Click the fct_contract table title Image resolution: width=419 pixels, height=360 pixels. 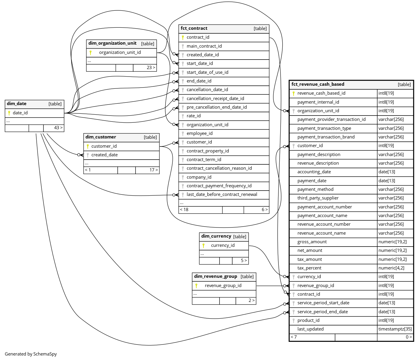click(x=194, y=29)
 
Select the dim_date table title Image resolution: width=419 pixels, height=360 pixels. click(x=17, y=104)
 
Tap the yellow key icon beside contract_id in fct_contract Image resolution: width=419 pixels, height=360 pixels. click(x=183, y=38)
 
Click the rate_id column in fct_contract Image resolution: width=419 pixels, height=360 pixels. click(x=194, y=116)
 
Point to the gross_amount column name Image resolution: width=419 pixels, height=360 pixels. click(x=312, y=242)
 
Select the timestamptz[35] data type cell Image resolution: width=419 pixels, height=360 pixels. click(x=395, y=329)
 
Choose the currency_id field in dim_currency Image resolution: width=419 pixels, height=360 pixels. click(x=223, y=246)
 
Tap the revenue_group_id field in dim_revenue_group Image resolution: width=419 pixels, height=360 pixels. click(x=223, y=286)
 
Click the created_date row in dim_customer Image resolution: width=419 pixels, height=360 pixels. click(x=105, y=155)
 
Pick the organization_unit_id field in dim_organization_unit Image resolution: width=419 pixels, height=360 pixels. click(x=120, y=53)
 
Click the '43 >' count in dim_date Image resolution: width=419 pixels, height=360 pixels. click(x=58, y=128)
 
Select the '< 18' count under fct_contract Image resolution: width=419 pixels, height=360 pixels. click(x=184, y=210)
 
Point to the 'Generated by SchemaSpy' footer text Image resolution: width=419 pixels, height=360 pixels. click(x=31, y=354)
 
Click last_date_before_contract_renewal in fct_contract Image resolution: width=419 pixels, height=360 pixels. click(x=222, y=195)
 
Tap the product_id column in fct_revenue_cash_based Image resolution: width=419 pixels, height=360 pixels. click(x=308, y=321)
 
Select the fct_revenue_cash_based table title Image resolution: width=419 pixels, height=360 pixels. click(x=318, y=85)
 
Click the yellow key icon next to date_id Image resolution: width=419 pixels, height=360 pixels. click(x=9, y=113)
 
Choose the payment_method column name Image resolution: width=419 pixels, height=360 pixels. click(x=315, y=190)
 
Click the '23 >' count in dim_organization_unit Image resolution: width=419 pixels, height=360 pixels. click(x=151, y=68)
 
